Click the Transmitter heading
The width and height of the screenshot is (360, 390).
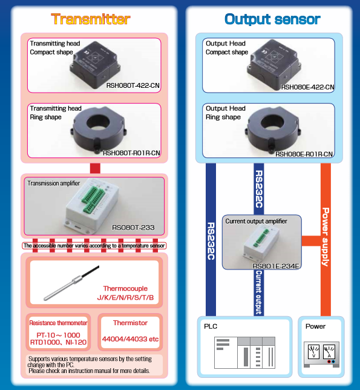coord(91,19)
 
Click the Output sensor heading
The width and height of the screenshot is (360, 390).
coord(272,19)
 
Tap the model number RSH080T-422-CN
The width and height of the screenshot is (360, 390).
coord(133,85)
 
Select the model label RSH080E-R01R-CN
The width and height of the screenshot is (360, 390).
coord(304,154)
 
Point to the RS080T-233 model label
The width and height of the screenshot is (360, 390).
coord(133,228)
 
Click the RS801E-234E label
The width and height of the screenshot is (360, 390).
coord(275,266)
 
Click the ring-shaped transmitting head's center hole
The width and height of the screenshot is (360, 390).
coord(98,122)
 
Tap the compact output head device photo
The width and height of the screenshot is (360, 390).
coord(274,65)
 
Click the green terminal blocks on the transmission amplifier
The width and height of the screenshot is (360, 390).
coord(93,200)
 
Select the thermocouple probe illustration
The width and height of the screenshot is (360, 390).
coord(71,283)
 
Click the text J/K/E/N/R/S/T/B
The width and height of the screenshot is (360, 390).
coord(125,297)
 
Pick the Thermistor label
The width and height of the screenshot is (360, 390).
coord(130,323)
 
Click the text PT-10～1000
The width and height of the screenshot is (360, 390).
coord(58,335)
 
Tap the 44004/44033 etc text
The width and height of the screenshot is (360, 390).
coord(130,339)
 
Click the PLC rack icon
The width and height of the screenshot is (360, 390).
coord(244,352)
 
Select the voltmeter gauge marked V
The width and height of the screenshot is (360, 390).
coord(313,351)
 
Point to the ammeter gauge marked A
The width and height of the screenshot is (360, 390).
coord(329,351)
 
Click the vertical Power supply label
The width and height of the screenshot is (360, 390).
coord(326,237)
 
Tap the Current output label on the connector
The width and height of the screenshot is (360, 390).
coord(258,292)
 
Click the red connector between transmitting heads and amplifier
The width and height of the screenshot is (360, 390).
coord(95,168)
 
